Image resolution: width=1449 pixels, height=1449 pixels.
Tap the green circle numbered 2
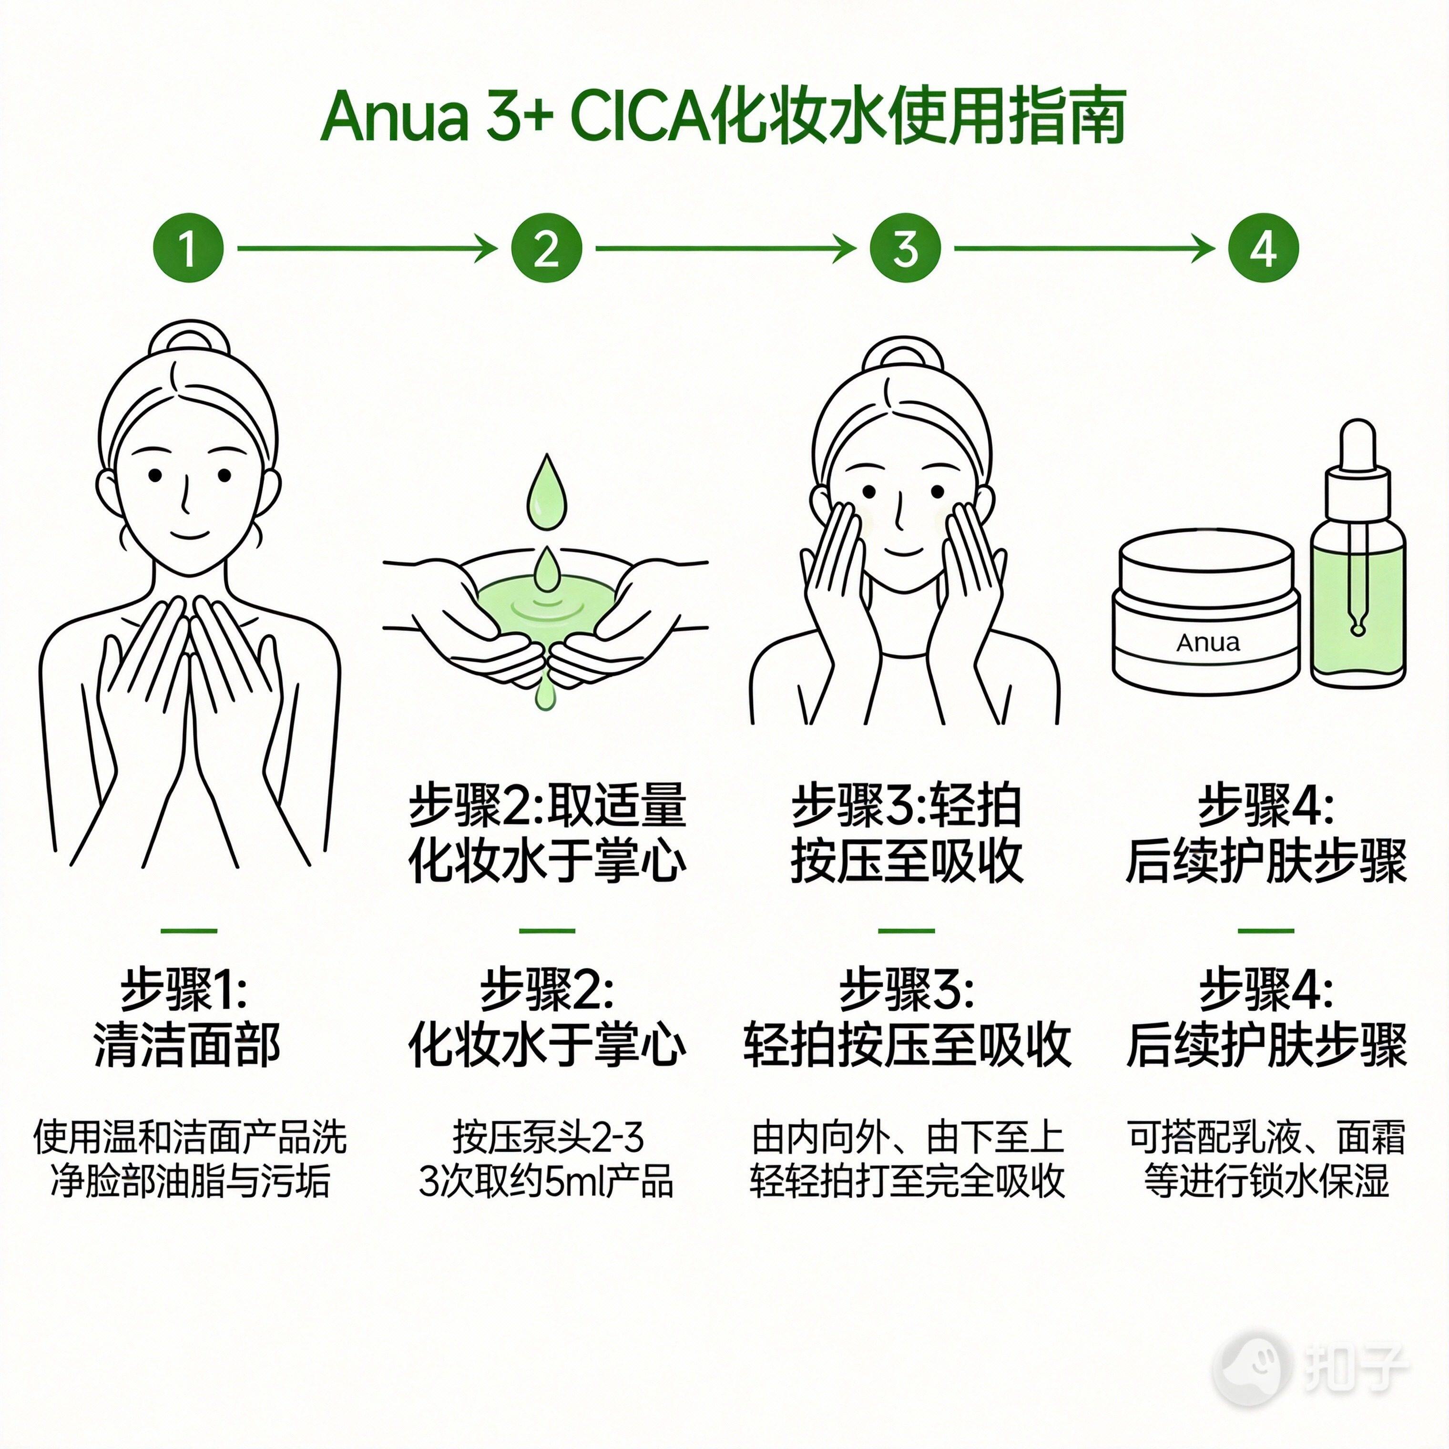pyautogui.click(x=547, y=248)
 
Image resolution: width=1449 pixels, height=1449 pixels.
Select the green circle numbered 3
pyautogui.click(x=905, y=248)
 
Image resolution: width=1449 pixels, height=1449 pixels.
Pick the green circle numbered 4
pyautogui.click(x=1263, y=248)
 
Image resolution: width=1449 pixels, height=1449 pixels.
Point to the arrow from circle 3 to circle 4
pyautogui.click(x=1084, y=248)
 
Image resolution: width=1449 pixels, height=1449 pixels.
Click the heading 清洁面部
pyautogui.click(x=187, y=1045)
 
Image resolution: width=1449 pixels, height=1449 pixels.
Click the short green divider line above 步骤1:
pyautogui.click(x=188, y=931)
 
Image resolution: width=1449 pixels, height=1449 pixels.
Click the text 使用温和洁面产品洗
pyautogui.click(x=190, y=1138)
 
